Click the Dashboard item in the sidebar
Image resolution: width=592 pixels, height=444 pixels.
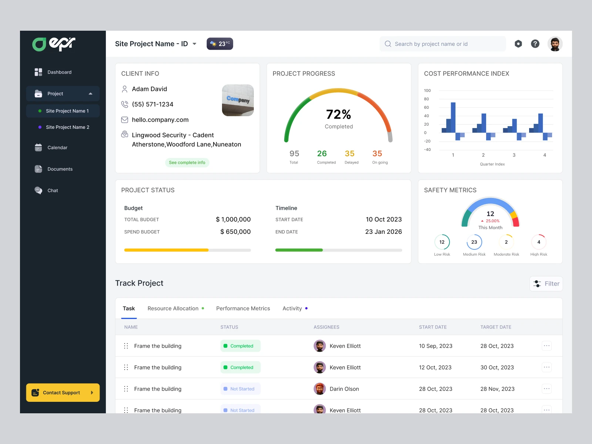click(x=59, y=72)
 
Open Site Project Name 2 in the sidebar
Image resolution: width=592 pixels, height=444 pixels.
click(x=67, y=127)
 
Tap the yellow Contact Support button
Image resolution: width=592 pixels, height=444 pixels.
click(x=63, y=393)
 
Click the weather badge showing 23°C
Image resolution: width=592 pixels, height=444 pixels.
click(x=220, y=44)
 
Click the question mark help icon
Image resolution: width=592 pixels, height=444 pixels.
click(x=535, y=44)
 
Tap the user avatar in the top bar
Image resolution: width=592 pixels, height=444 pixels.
click(x=555, y=44)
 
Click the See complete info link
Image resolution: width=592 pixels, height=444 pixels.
click(x=187, y=162)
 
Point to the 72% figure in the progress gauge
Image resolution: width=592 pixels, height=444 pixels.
click(x=338, y=114)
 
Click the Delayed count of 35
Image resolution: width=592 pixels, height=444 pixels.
click(x=350, y=154)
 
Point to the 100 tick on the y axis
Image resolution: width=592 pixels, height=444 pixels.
click(x=427, y=91)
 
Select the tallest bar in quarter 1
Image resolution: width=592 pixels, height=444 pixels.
click(x=453, y=117)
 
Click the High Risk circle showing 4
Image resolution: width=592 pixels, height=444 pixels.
click(x=539, y=242)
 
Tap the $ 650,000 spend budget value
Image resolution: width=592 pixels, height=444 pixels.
click(x=235, y=232)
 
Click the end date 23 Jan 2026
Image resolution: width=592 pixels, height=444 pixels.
click(x=383, y=232)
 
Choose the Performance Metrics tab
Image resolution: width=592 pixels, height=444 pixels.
click(x=243, y=309)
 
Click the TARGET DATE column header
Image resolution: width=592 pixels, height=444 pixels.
click(x=496, y=327)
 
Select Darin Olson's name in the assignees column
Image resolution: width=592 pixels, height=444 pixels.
click(x=344, y=389)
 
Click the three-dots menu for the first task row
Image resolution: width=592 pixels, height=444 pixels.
click(x=546, y=346)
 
